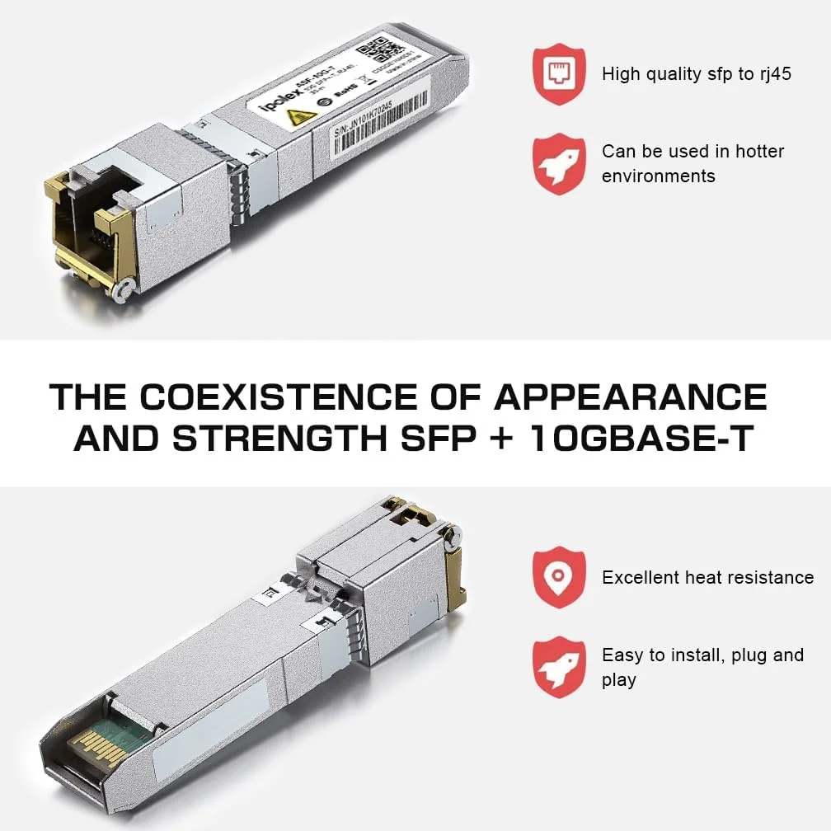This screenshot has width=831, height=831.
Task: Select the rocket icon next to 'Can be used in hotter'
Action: click(x=559, y=164)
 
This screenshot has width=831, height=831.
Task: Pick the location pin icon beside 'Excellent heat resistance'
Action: click(x=559, y=577)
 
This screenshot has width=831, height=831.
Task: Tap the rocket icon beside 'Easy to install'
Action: click(x=559, y=667)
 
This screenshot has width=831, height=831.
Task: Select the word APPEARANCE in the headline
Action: click(x=630, y=398)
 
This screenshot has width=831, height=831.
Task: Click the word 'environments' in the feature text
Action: click(x=658, y=176)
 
